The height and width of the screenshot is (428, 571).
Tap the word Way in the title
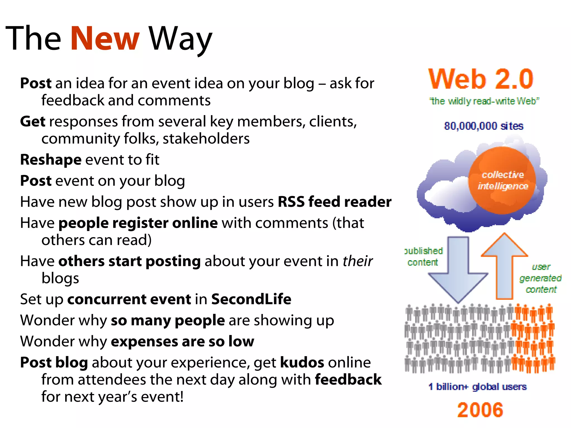tap(180, 39)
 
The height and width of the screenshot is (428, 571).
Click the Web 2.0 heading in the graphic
tap(481, 79)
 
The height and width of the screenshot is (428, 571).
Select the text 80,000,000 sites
tap(483, 126)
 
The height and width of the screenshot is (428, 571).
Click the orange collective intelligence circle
tap(502, 181)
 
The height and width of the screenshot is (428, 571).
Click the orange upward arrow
tap(504, 265)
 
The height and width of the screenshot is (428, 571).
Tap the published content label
tap(423, 257)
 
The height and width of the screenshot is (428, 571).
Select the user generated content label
tap(540, 278)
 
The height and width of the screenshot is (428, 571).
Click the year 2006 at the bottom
tap(480, 410)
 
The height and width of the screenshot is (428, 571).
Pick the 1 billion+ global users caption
tap(477, 386)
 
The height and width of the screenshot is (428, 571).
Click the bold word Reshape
tap(51, 160)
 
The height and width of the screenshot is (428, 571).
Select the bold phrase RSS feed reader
tap(334, 202)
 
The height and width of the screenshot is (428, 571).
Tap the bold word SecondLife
tap(251, 299)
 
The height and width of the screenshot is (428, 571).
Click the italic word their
tap(357, 261)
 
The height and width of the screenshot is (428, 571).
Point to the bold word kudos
tap(302, 363)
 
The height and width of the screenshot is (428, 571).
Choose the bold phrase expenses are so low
tap(182, 341)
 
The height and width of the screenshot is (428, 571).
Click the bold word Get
tap(33, 121)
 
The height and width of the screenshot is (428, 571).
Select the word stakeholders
tap(206, 138)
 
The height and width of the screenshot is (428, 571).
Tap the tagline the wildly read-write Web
tap(484, 101)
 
